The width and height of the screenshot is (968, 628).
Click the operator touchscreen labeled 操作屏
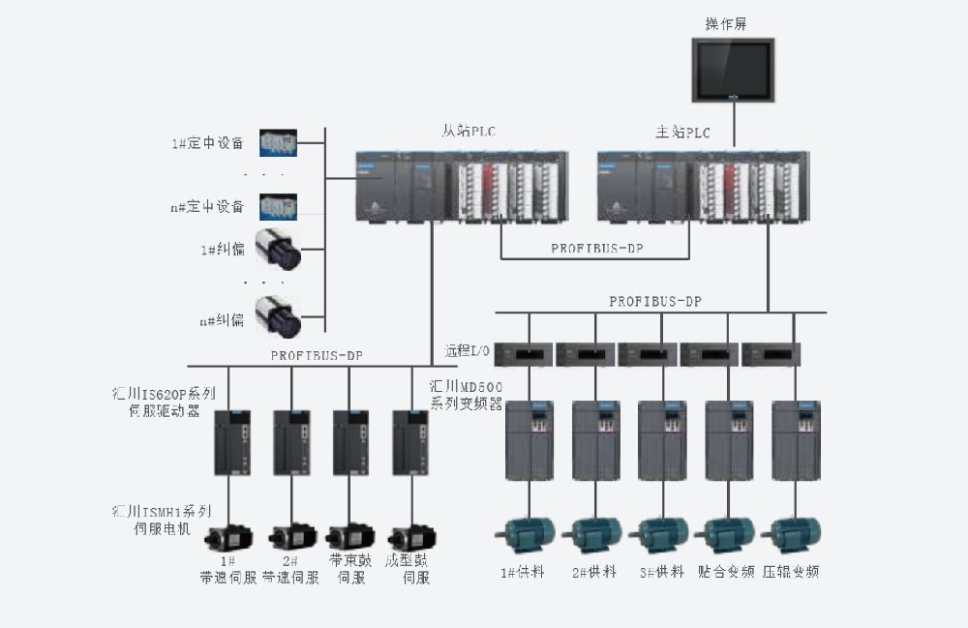[733, 70]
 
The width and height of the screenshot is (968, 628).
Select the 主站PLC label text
[682, 133]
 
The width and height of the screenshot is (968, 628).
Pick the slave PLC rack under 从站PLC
[461, 187]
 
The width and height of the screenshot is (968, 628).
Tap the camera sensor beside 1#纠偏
[278, 249]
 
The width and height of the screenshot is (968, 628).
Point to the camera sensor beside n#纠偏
[278, 316]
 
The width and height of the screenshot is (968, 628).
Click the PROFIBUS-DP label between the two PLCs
[596, 248]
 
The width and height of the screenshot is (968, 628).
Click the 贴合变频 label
[726, 572]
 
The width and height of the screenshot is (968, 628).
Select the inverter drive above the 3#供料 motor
[662, 440]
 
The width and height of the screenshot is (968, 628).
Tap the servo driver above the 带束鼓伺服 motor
[351, 441]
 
